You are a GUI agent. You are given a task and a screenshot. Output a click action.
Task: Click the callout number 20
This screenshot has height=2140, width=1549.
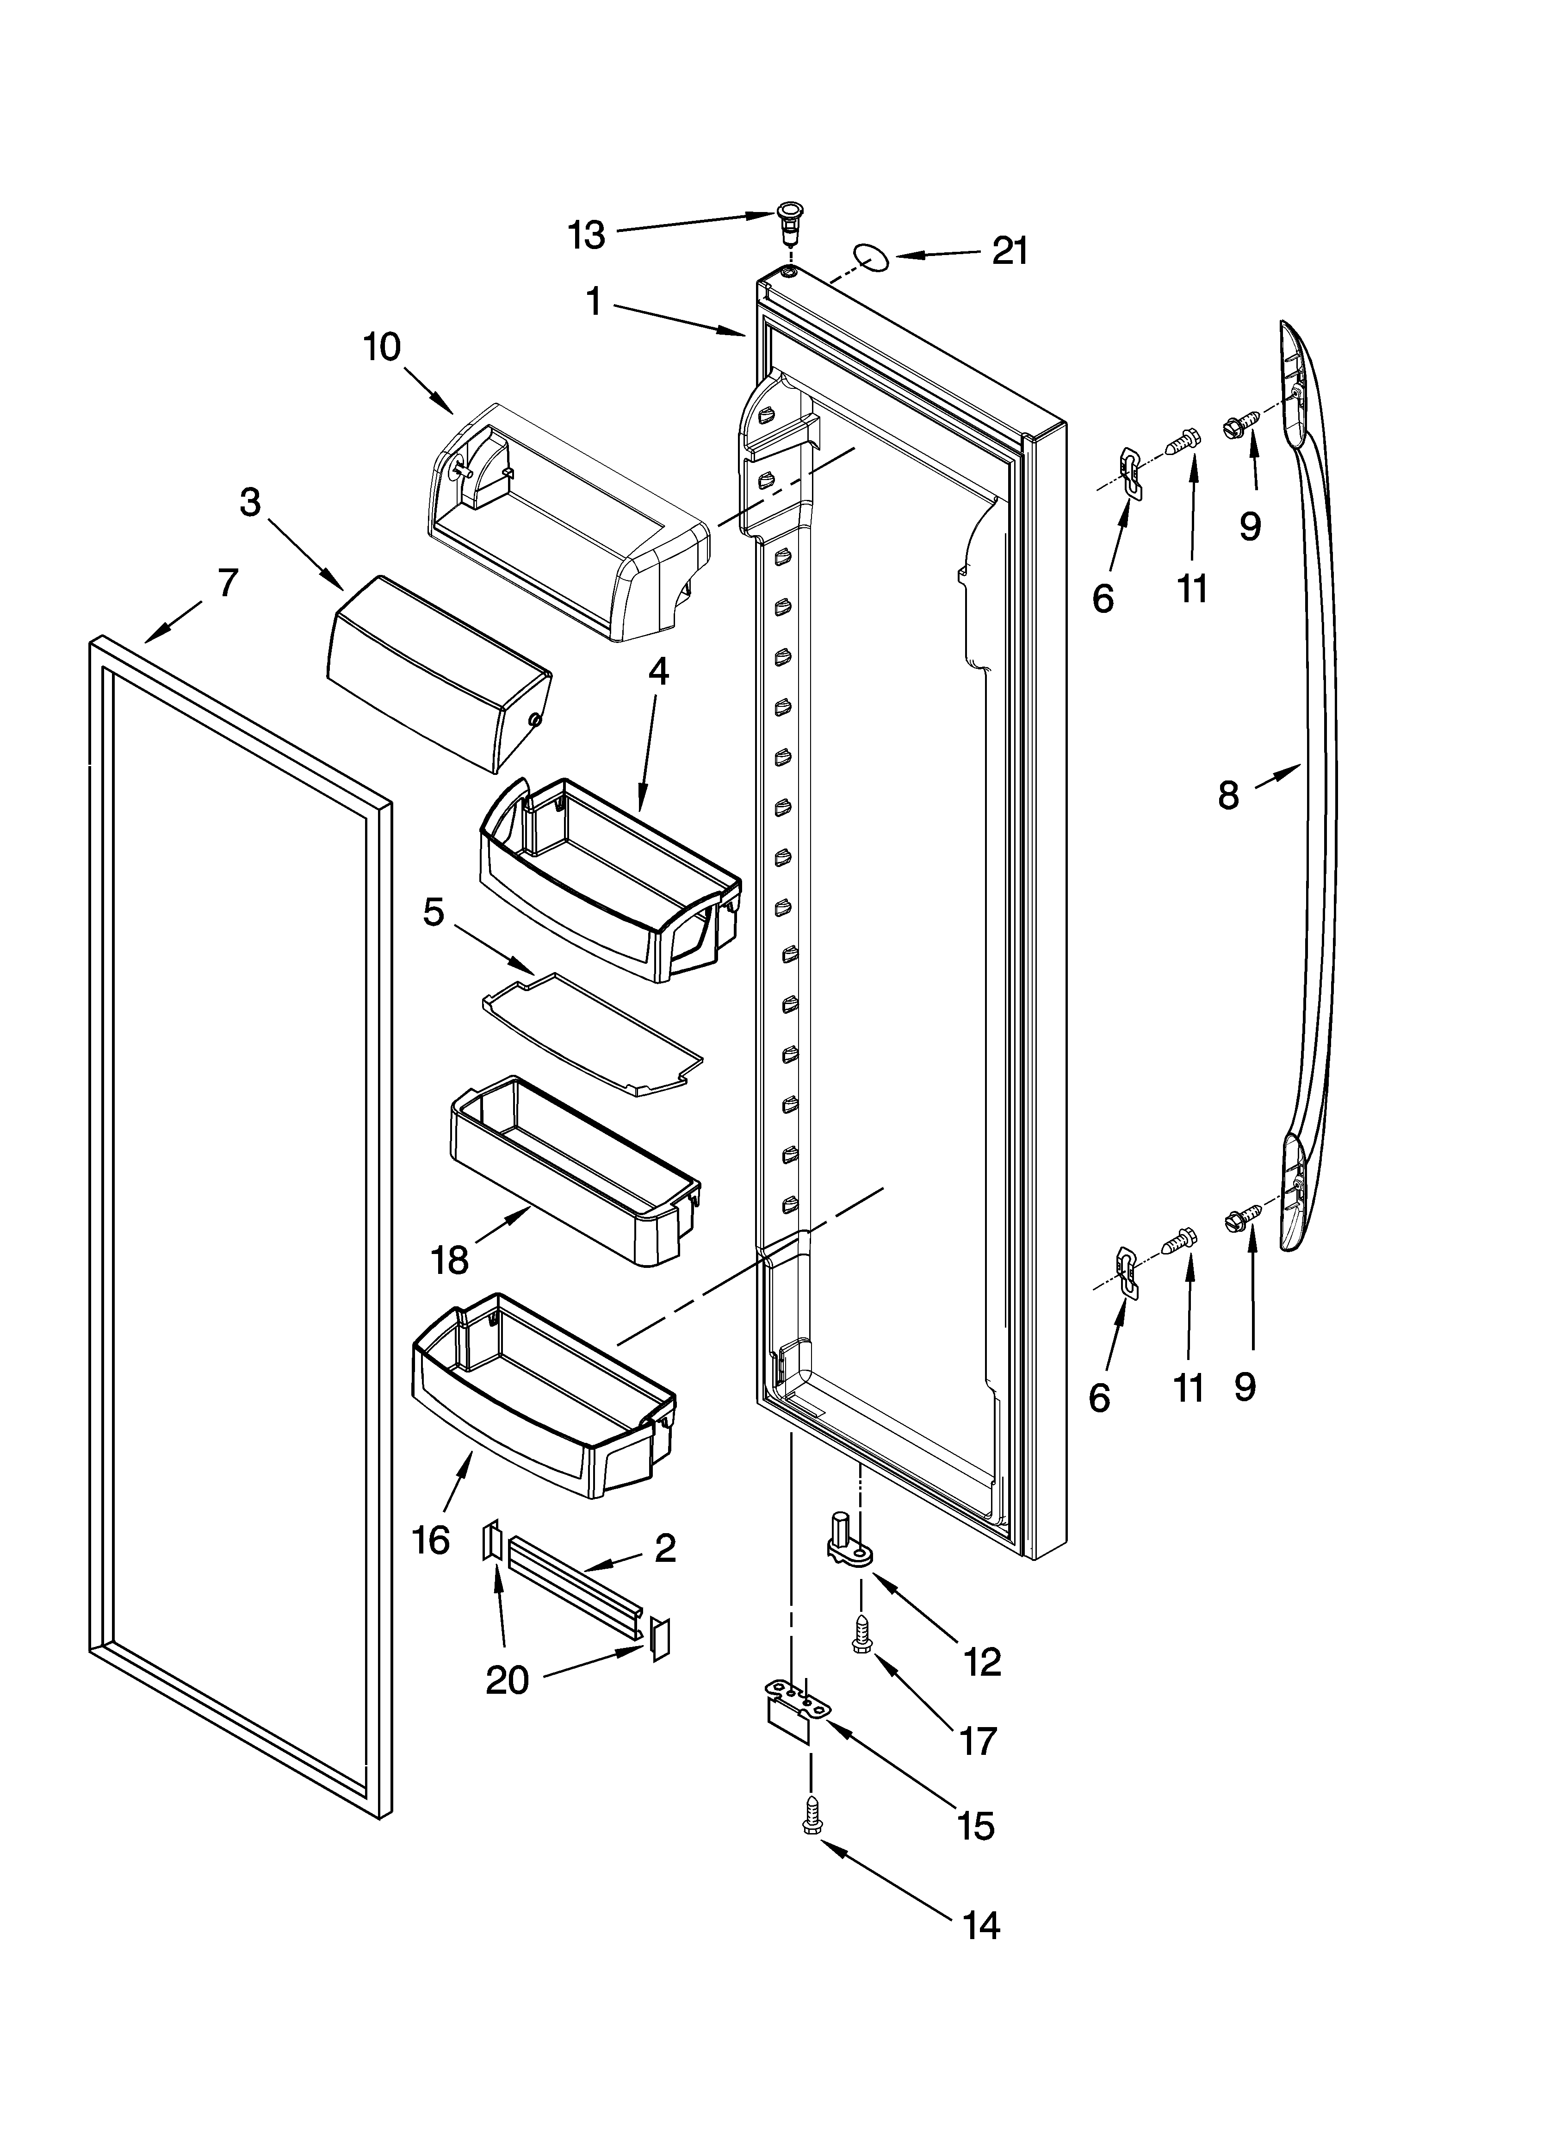point(507,1679)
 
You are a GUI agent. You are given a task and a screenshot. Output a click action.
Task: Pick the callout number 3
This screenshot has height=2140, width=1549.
point(249,503)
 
